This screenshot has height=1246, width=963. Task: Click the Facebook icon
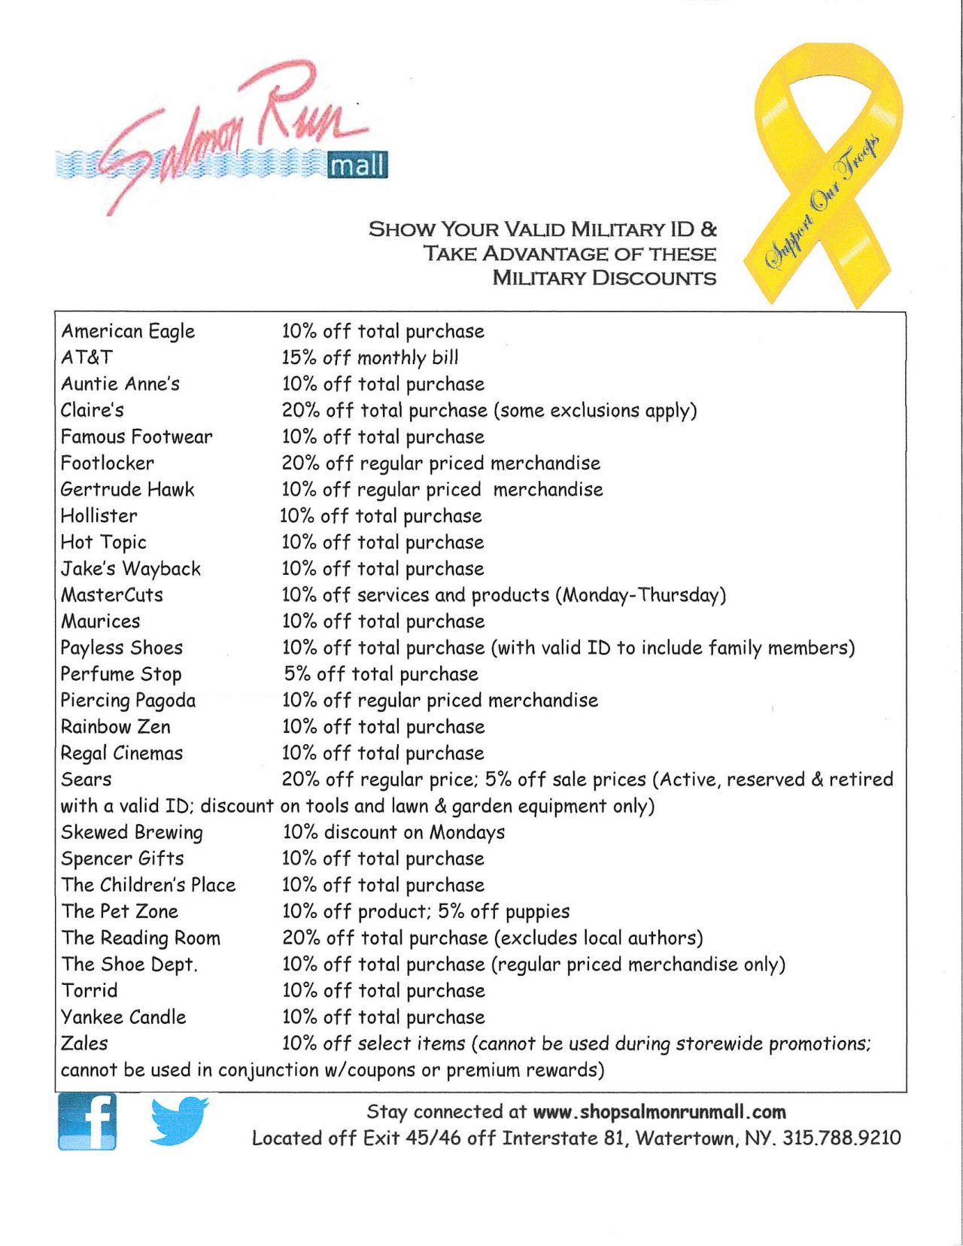[87, 1121]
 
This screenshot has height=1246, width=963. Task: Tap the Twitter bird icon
[178, 1120]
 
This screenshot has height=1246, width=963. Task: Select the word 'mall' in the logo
[358, 165]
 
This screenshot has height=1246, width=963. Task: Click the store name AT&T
[87, 357]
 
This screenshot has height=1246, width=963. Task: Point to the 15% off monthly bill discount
[370, 357]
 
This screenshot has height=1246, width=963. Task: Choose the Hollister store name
[99, 516]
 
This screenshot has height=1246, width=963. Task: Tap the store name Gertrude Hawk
[128, 490]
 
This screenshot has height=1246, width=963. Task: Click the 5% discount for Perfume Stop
[381, 674]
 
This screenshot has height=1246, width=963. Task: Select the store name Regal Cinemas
[122, 753]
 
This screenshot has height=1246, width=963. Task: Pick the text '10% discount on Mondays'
[393, 832]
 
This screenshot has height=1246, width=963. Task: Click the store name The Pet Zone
[120, 911]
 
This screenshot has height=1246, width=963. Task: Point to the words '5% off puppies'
[503, 911]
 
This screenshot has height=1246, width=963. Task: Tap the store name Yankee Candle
[123, 1017]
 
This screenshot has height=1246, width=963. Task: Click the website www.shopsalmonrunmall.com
[659, 1112]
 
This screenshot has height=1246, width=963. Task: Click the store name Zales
[84, 1044]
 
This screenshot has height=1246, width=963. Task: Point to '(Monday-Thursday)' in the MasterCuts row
[641, 595]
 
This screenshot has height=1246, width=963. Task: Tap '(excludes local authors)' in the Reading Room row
[599, 938]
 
